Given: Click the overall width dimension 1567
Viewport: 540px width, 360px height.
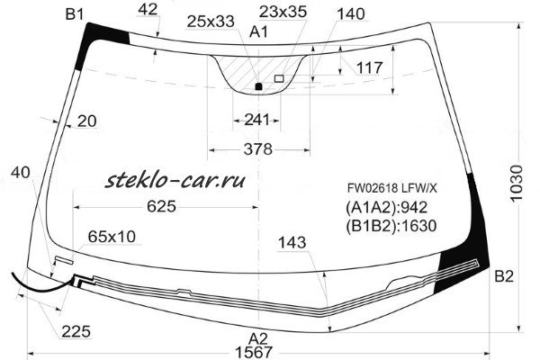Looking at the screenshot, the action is (x=254, y=353).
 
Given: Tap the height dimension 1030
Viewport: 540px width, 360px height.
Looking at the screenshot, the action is (x=517, y=183).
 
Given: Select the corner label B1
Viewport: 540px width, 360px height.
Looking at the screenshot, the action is (x=75, y=14).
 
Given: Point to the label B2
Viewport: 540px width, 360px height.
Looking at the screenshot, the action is (x=504, y=276).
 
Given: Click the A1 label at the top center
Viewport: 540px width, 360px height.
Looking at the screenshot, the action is (x=258, y=32).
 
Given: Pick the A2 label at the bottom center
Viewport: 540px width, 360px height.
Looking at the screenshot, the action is (x=258, y=338).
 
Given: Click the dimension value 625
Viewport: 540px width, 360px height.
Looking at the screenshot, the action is (x=161, y=206).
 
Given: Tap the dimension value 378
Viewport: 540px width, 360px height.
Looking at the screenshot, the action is (x=258, y=149).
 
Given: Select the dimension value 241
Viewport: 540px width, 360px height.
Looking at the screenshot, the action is (x=256, y=120).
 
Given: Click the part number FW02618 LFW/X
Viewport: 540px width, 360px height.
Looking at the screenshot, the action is (x=391, y=188).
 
